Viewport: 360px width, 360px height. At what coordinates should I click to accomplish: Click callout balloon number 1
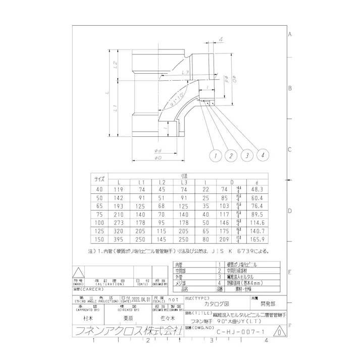pyautogui.click(x=216, y=156)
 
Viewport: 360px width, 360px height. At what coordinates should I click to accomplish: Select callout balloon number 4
pyautogui.click(x=263, y=156)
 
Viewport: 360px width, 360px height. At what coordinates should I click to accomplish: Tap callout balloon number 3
pyautogui.click(x=247, y=156)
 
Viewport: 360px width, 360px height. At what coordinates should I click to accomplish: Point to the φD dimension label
pyautogui.click(x=159, y=158)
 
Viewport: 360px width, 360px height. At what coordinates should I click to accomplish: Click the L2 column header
pyautogui.click(x=162, y=182)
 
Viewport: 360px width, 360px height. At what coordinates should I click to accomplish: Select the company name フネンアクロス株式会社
pyautogui.click(x=126, y=331)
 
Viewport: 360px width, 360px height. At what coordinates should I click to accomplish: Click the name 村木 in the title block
pyautogui.click(x=87, y=319)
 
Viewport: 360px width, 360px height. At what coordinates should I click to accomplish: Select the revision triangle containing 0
pyautogui.click(x=279, y=334)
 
